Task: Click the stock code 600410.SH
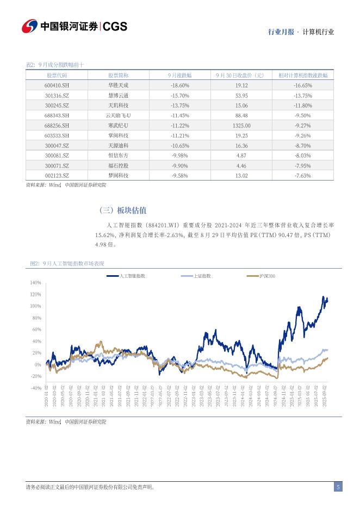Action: click(x=57, y=85)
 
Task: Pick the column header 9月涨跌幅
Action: click(x=179, y=76)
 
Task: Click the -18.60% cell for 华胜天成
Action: click(x=179, y=85)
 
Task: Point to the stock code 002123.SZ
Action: click(x=57, y=175)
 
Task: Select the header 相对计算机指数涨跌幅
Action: click(x=302, y=76)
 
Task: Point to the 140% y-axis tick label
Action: click(x=36, y=283)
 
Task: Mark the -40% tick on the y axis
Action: click(x=36, y=388)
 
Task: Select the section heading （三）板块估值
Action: click(x=123, y=210)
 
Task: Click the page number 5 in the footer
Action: click(x=338, y=487)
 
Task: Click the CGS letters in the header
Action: click(x=115, y=27)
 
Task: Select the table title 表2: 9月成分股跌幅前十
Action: click(x=55, y=65)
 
